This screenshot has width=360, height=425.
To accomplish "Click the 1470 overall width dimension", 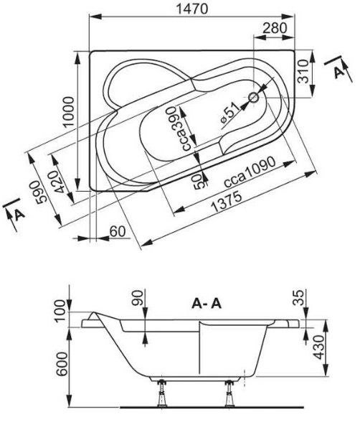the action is (x=192, y=9).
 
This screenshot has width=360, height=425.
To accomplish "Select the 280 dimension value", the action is (x=275, y=28).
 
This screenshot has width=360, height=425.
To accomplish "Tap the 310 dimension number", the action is (x=303, y=71).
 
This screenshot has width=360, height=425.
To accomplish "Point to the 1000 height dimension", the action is (x=68, y=111).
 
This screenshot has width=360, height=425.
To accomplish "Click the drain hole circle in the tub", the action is (x=254, y=98).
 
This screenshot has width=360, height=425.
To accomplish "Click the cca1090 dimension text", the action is (x=250, y=172).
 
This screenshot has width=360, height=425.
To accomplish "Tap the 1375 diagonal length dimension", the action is (x=226, y=202).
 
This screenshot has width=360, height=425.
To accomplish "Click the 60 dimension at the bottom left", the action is (x=118, y=232).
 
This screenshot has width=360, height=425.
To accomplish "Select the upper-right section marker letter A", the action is (x=339, y=73).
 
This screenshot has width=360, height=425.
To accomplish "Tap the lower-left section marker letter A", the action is (x=19, y=215).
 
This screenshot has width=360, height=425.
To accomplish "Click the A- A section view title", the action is (x=207, y=304).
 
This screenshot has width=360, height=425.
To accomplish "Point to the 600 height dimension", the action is (x=62, y=364).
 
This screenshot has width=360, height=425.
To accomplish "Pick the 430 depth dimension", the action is (x=319, y=347).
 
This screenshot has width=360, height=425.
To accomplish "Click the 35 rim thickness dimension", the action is (x=299, y=298).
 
